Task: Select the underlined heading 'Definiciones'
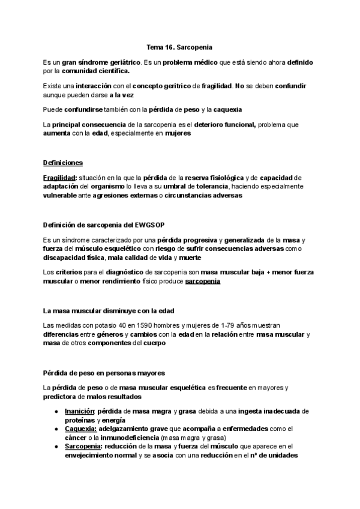[x=63, y=163]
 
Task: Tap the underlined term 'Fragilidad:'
[x=59, y=178]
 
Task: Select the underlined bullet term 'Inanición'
[x=80, y=411]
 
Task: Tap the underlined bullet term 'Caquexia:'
[x=81, y=429]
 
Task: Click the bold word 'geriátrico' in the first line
[x=122, y=62]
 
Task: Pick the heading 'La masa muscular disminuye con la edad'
[x=109, y=310]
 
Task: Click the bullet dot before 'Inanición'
[x=56, y=411]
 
